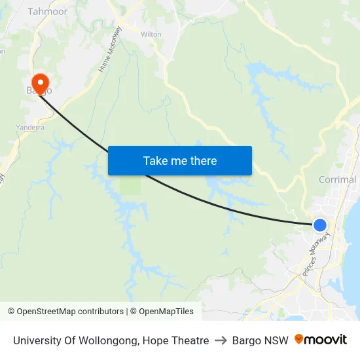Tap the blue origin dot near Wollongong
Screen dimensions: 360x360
point(319,225)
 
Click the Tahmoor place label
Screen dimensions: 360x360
point(47,11)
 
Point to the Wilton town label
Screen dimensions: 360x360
point(151,34)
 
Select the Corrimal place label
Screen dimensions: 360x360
point(337,179)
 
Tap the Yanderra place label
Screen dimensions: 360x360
point(29,128)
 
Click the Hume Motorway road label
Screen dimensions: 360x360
point(110,50)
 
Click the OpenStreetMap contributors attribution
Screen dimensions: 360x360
point(69,312)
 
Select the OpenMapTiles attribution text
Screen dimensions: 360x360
point(164,312)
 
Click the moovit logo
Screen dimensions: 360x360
point(320,340)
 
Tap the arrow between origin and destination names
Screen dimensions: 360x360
point(221,340)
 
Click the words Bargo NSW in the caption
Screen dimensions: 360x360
point(260,340)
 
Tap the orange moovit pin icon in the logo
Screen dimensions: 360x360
point(299,339)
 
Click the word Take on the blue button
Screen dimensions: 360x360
point(155,160)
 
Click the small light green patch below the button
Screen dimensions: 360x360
point(130,187)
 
